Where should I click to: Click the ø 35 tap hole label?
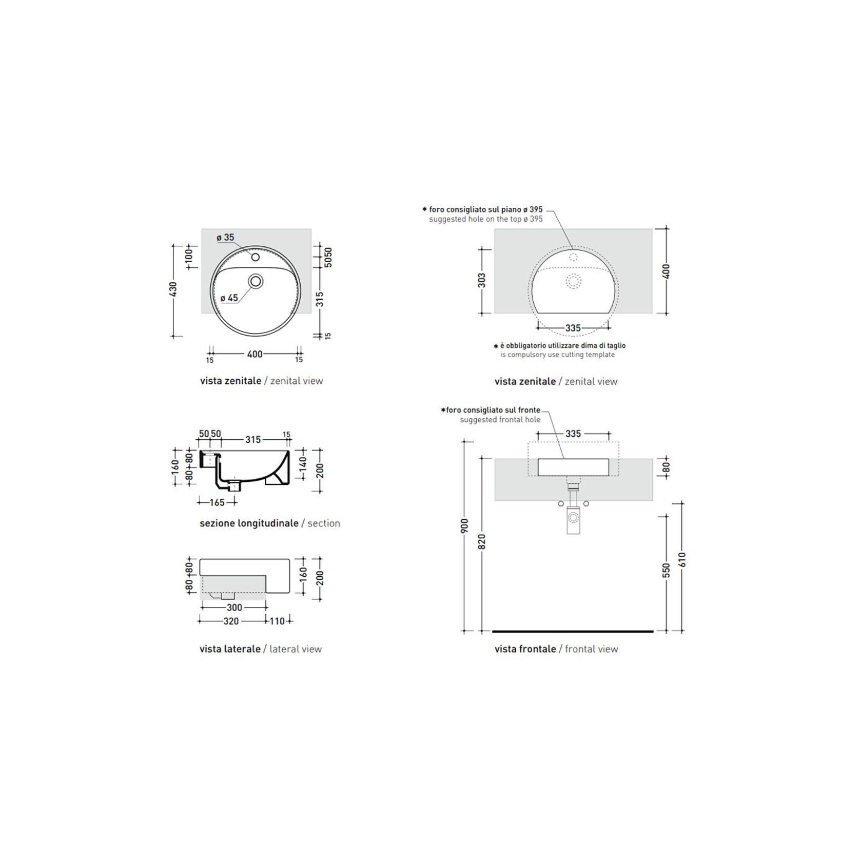coord(225,237)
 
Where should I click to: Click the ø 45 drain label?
coord(229,298)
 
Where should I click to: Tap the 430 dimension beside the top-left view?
coord(173,289)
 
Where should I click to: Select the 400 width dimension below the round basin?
coord(255,354)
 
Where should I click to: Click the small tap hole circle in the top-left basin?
coord(256,257)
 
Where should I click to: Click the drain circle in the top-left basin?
coord(256,281)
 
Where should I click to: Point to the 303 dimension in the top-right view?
coord(481,280)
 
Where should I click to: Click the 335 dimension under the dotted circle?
coord(573,328)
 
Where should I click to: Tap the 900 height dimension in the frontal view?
coord(464,526)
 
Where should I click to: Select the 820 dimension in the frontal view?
coord(482,541)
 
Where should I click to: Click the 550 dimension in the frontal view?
coord(666,570)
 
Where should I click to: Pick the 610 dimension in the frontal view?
coord(682,559)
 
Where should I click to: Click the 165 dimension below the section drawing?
coord(217,502)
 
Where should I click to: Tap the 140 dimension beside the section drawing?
coord(303,464)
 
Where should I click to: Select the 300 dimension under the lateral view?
coord(234,608)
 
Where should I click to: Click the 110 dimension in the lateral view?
coord(277,621)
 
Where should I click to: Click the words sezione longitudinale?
coord(249,523)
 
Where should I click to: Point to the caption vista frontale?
coord(525,649)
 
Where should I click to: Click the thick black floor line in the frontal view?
coord(573,631)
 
